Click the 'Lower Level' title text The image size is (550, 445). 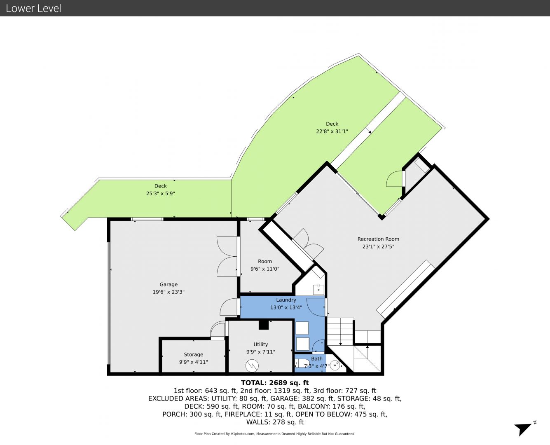tap(33, 8)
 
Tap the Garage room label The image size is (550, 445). tap(169, 284)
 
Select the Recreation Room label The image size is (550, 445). tap(378, 239)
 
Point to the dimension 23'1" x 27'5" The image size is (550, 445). tap(378, 247)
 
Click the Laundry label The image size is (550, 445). tap(286, 300)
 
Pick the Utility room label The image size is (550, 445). tap(260, 344)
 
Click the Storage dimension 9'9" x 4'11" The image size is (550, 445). tap(193, 362)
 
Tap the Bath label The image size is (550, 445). tap(316, 359)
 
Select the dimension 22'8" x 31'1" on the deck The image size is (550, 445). tap(332, 131)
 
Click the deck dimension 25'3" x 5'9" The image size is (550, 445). tap(160, 193)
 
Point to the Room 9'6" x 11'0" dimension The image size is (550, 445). tap(264, 269)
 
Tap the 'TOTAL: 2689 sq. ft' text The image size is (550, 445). tap(275, 383)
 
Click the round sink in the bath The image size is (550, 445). tap(336, 365)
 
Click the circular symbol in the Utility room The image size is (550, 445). tap(252, 366)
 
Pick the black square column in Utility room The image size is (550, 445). tap(264, 325)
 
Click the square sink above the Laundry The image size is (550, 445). tap(318, 289)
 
